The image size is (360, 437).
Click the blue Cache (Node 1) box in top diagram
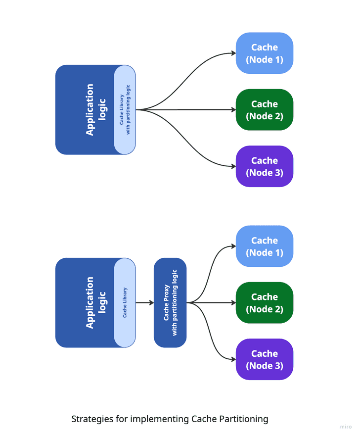coord(265,53)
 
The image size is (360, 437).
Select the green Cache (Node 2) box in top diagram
coord(265,110)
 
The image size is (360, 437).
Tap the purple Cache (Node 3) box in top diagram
coord(265,166)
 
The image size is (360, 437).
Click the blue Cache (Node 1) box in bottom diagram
coord(265,246)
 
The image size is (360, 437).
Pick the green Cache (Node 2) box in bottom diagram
coord(265,303)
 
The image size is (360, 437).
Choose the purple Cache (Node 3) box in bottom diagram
coord(265,359)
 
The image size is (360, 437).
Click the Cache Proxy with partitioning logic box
coord(170,303)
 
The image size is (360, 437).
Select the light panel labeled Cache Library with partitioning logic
coord(125,110)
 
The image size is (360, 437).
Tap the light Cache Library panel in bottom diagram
coord(125,303)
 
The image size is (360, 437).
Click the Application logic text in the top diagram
coord(95,110)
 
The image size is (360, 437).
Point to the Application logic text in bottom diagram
coord(95,303)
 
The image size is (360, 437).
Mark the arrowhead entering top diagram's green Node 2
coord(233,110)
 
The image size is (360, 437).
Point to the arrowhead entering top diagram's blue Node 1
coord(233,53)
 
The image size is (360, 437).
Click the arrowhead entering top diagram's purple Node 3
coord(233,166)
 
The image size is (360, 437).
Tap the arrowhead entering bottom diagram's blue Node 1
coord(233,246)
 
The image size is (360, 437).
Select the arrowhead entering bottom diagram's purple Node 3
coord(233,359)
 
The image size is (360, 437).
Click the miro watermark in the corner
coord(346,427)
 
